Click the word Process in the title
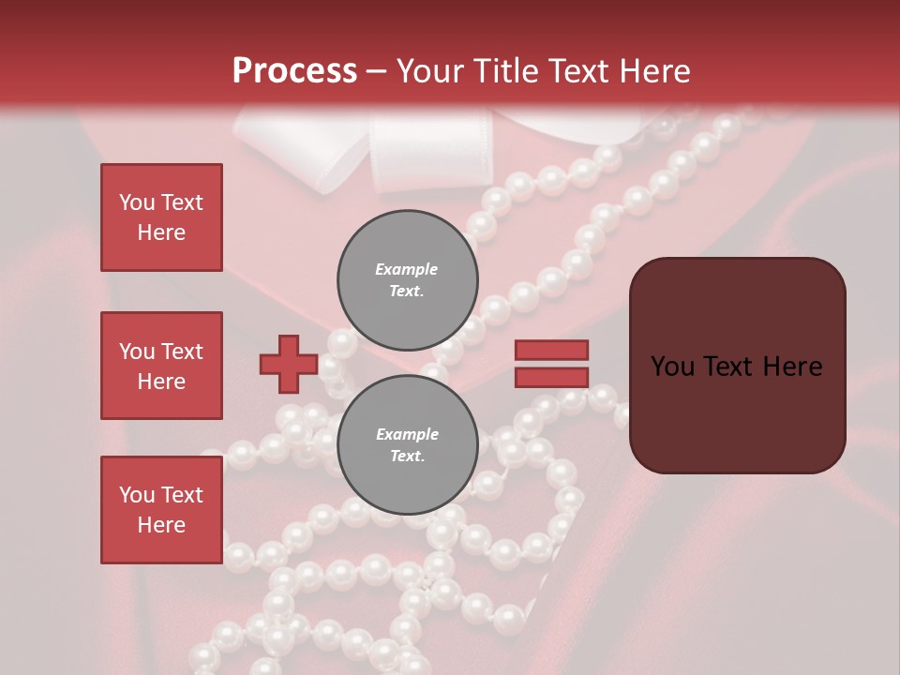(x=294, y=71)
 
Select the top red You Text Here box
(x=161, y=217)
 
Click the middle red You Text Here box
(x=161, y=366)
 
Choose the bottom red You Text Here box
(x=161, y=510)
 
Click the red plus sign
(x=289, y=365)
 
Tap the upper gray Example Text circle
(x=407, y=280)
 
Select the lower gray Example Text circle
(x=407, y=445)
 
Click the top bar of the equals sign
(x=551, y=351)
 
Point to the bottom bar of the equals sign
(x=551, y=378)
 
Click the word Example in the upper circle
(x=407, y=269)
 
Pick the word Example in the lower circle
(x=407, y=434)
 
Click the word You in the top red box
(x=137, y=202)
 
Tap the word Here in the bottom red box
(x=161, y=525)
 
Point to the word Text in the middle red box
(x=181, y=352)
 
